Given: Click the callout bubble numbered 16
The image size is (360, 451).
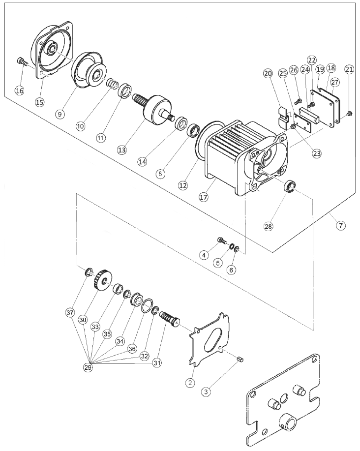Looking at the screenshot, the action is pos(20,90).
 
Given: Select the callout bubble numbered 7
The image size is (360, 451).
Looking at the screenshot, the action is pos(340,225).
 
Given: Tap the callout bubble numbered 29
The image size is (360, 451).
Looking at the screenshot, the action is pos(88,367).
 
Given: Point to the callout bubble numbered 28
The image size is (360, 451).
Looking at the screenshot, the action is pos(268,226).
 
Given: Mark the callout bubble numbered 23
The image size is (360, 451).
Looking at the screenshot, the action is pos(317,153).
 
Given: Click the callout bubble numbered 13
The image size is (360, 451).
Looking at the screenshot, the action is pos(122,150).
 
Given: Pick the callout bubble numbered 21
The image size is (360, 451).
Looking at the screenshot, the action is pos(349,69).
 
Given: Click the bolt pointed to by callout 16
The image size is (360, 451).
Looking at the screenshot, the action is pos(22,61).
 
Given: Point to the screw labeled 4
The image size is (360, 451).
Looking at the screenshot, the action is pos(223,241).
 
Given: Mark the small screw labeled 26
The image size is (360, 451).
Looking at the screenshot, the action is pos(299,101).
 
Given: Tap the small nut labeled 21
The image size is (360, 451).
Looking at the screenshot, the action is pos(349,114).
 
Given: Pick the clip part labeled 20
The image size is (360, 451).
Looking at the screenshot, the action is pos(284,118).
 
